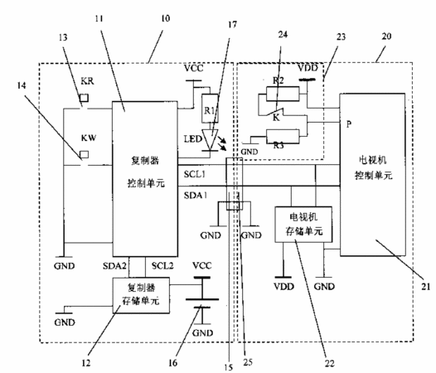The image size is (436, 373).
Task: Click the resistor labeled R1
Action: point(210,109)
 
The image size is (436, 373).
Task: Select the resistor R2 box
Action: point(283,94)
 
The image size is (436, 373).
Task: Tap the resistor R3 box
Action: point(283,137)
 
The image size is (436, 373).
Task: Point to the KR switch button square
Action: point(84,98)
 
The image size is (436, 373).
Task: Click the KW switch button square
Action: point(85,154)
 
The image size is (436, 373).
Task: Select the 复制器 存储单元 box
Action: point(141,295)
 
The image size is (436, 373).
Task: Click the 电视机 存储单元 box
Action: point(303,224)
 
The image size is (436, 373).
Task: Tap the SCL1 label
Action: point(194,174)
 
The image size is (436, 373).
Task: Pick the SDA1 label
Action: point(196,196)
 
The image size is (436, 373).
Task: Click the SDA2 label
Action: point(114,266)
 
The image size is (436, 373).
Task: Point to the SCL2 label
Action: point(162,265)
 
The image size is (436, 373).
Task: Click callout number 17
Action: point(232,25)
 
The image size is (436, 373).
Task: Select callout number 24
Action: point(283,34)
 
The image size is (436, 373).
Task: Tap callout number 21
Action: point(426,287)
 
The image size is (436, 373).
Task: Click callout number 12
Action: point(86,363)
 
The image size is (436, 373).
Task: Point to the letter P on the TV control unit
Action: point(349,124)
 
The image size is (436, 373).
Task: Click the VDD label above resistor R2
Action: point(308,68)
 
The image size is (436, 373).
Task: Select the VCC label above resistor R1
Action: point(194,68)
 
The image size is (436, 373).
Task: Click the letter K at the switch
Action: point(276,118)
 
